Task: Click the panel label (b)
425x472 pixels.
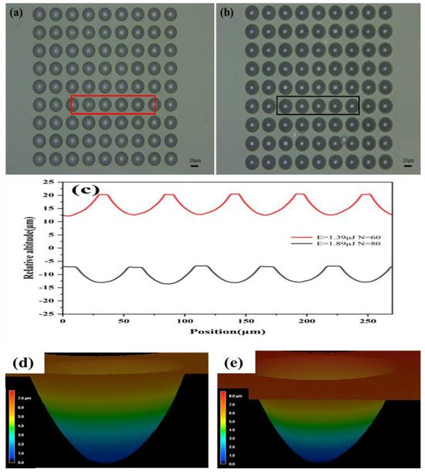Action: pyautogui.click(x=226, y=12)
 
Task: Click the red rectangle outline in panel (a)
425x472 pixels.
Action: pyautogui.click(x=113, y=96)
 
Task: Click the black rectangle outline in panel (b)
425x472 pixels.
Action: pyautogui.click(x=318, y=97)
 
